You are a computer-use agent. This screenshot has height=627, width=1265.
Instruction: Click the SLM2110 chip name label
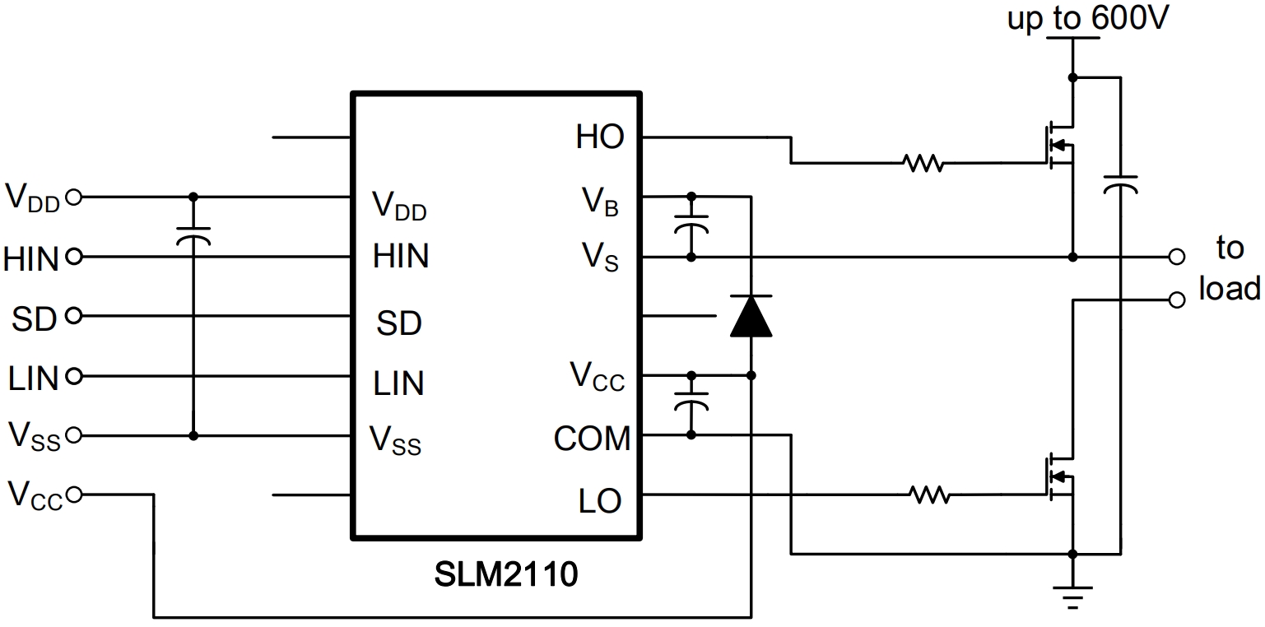click(x=506, y=574)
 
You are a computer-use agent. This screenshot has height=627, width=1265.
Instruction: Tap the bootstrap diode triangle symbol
click(x=751, y=316)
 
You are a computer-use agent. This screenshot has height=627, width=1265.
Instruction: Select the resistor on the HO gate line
click(x=923, y=163)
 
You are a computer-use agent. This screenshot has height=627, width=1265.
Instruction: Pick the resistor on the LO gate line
click(x=930, y=495)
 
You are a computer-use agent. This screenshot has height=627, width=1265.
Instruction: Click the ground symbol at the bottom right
click(x=1072, y=594)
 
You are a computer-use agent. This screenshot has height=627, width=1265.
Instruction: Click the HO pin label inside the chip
click(x=600, y=137)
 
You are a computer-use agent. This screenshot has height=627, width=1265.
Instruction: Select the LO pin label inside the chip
click(x=599, y=500)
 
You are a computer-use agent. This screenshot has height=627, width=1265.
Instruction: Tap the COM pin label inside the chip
click(x=592, y=439)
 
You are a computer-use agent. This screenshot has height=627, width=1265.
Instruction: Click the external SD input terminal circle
click(x=73, y=316)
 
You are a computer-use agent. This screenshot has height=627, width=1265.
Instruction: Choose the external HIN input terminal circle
click(x=73, y=258)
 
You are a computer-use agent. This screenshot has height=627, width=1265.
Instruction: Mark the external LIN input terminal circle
click(x=73, y=377)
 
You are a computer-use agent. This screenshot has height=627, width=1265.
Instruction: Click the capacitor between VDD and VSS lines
click(x=193, y=235)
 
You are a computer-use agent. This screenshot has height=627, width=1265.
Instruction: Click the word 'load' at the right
click(x=1229, y=289)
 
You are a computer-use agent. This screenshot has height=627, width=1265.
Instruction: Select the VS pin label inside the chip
click(x=600, y=259)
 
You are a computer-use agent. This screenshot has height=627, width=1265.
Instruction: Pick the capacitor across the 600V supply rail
click(x=1120, y=183)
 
